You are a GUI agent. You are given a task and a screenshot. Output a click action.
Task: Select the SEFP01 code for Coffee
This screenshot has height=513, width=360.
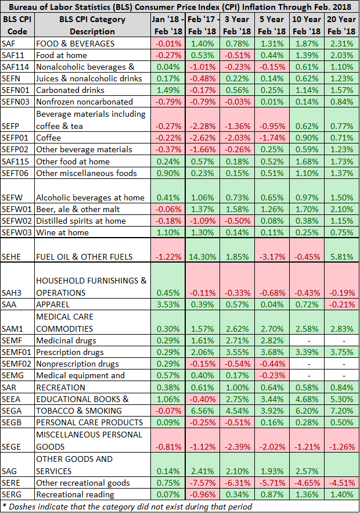16,137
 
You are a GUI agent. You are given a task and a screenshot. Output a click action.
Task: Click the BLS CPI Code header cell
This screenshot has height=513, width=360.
16,25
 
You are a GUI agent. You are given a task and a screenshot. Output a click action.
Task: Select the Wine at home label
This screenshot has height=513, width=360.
63,232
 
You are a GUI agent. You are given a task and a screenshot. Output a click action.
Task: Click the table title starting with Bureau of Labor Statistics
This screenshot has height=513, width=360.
180,7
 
